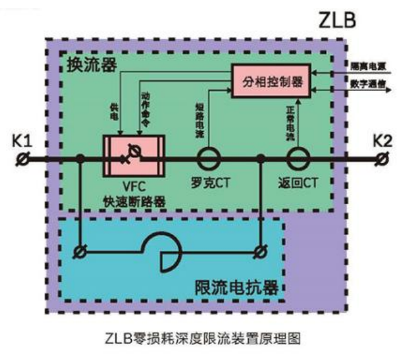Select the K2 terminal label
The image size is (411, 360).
(381, 141)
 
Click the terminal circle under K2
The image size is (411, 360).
(381, 160)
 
